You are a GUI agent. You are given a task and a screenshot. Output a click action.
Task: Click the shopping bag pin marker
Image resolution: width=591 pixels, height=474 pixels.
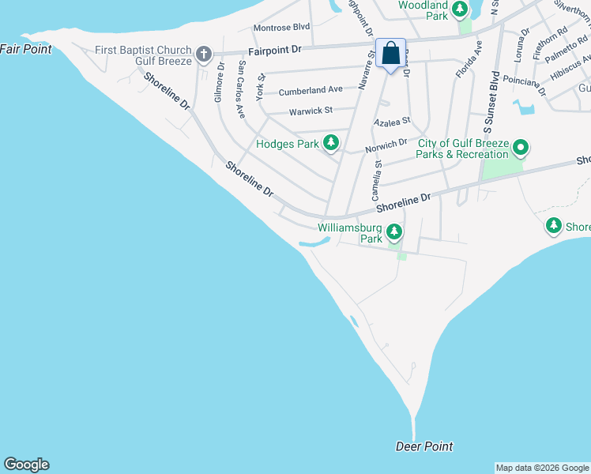pyautogui.click(x=390, y=54)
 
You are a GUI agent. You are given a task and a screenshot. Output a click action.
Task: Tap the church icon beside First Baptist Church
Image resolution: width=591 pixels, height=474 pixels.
pyautogui.click(x=204, y=55)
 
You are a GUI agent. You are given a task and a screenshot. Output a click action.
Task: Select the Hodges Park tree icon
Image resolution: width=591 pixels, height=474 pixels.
pyautogui.click(x=332, y=143)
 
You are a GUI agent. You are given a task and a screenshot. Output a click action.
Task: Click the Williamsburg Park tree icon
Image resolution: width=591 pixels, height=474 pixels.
pyautogui.click(x=394, y=233)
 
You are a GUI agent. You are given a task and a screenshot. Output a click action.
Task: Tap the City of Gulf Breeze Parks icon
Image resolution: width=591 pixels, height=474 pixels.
pyautogui.click(x=521, y=148)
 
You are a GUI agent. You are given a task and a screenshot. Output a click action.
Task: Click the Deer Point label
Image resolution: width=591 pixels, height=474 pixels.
pyautogui.click(x=424, y=446)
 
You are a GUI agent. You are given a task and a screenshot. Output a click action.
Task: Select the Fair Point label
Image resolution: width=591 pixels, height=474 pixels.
pyautogui.click(x=26, y=49)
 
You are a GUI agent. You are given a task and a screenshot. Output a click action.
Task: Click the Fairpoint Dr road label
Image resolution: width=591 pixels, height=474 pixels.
pyautogui.click(x=275, y=49)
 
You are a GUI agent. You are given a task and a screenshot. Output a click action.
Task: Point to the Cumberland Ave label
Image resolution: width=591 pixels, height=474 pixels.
pyautogui.click(x=311, y=90)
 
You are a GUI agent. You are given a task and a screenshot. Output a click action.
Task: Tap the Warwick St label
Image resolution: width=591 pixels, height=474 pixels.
pyautogui.click(x=311, y=111)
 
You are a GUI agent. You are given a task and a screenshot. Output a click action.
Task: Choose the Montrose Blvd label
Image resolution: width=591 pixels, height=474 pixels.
pyautogui.click(x=281, y=28)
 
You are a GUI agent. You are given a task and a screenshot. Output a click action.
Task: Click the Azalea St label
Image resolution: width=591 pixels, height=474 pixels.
pyautogui.click(x=393, y=122)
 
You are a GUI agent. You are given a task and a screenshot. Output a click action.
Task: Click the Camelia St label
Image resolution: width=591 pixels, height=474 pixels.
pyautogui.click(x=377, y=180)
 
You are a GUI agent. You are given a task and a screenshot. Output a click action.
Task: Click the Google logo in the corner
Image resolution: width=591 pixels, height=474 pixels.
pyautogui.click(x=26, y=465)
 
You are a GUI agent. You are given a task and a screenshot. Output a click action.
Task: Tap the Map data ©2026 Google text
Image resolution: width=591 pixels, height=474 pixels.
pyautogui.click(x=543, y=468)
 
